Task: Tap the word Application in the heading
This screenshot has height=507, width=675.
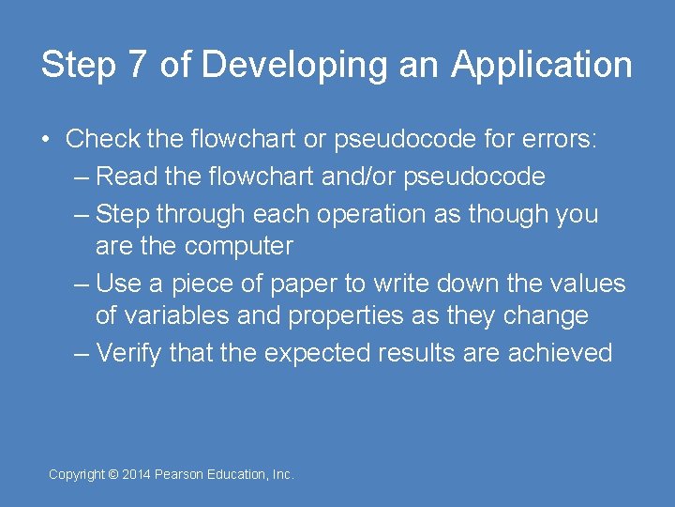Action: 542,66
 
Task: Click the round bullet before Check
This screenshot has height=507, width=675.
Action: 46,140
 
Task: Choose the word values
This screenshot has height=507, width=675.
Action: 585,283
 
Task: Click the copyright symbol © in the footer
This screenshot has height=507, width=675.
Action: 113,475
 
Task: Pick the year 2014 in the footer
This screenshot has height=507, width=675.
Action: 137,475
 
